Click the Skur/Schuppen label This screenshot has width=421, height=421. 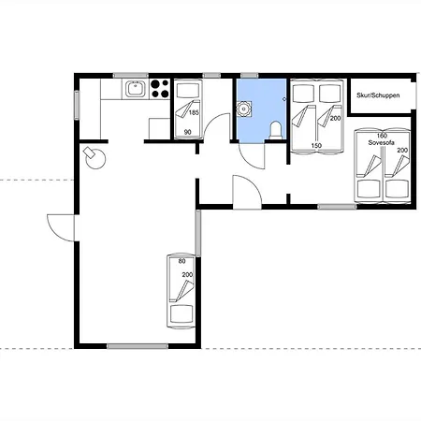378,95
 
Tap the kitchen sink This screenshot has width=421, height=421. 135,89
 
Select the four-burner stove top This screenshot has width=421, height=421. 160,89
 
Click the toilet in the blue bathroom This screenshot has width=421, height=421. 276,131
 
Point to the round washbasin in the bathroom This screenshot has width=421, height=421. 243,109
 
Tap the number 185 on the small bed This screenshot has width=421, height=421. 194,112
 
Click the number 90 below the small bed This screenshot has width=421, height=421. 187,132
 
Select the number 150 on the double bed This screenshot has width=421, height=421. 316,145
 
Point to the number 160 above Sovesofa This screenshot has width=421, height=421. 382,136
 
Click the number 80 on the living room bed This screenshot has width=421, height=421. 181,261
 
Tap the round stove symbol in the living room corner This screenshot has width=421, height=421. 94,158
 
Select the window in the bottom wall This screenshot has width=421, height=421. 138,346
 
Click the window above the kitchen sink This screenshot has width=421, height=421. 131,76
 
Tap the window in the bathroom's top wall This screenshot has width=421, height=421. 249,76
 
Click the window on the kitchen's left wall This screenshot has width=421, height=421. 77,105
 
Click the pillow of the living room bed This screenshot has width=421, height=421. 181,314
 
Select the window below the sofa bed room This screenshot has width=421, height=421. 337,206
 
